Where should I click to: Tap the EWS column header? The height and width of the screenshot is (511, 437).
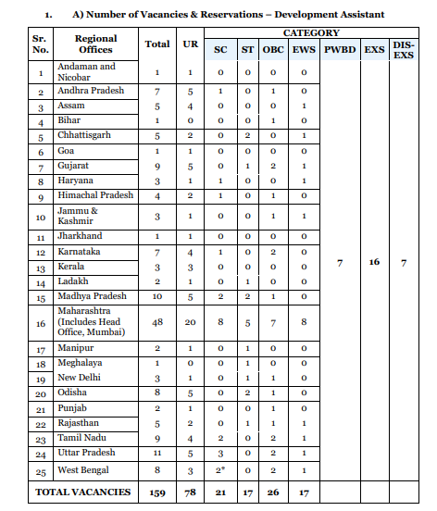click(303, 49)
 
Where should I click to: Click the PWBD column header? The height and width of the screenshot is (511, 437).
click(340, 49)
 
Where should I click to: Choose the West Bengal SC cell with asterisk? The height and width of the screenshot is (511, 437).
click(220, 470)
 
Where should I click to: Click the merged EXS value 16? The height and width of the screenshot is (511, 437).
click(374, 262)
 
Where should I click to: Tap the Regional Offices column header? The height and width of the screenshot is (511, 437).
click(95, 44)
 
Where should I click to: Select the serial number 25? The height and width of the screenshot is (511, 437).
click(41, 471)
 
